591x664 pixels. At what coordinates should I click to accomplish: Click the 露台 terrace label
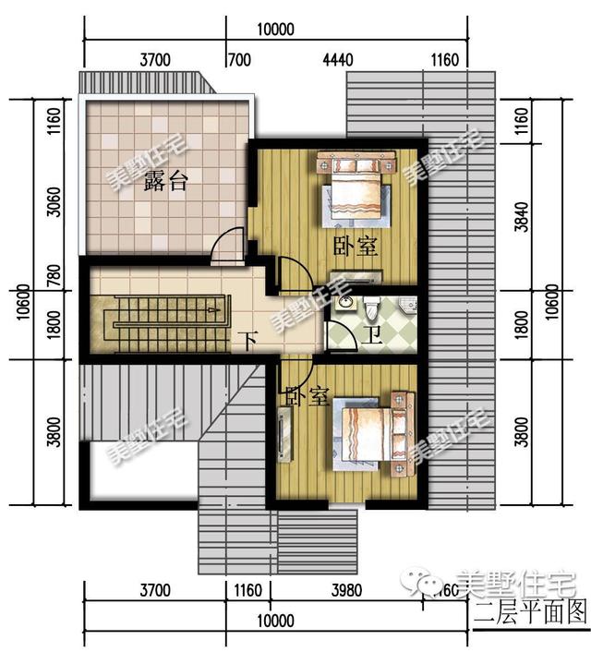166,182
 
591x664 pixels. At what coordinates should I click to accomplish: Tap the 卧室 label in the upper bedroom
355,247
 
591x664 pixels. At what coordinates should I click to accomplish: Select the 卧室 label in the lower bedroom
307,397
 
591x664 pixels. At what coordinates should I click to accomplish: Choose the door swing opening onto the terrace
225,247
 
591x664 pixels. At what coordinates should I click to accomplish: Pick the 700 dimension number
238,61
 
